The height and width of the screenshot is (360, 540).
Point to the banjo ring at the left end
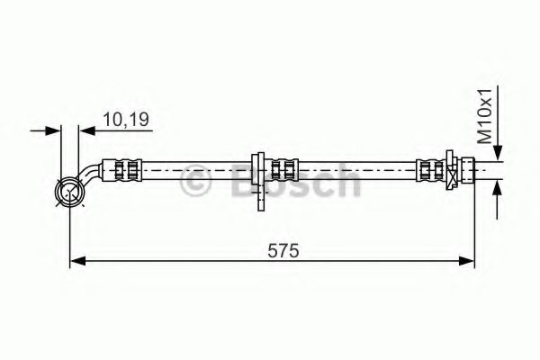point(69,190)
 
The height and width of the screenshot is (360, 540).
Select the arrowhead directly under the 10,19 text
point(86,131)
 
